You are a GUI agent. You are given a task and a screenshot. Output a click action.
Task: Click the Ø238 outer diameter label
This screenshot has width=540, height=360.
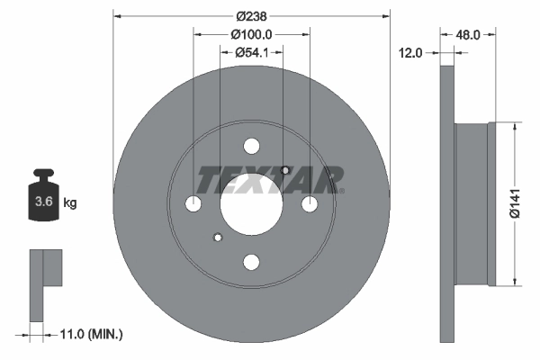point(251,16)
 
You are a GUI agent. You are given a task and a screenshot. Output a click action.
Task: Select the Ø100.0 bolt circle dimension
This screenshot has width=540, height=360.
point(251,34)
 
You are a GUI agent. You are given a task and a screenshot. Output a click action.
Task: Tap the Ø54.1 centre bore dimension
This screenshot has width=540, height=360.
point(251,52)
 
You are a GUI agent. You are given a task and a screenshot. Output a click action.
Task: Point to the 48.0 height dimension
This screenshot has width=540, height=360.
point(468,34)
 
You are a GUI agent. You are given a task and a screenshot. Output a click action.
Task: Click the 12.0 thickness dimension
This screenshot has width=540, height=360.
point(410,53)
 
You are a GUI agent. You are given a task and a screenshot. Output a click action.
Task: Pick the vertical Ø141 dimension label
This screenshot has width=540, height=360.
point(515,203)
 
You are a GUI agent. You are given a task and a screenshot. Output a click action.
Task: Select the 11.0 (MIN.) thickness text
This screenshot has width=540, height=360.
point(91,334)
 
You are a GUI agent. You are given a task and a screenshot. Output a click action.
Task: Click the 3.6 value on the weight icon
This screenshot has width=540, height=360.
point(44,202)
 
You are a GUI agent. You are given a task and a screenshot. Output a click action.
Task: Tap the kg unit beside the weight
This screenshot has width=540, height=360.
point(70,202)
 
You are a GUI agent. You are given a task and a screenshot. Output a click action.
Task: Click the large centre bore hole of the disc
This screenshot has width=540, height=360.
point(251,204)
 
